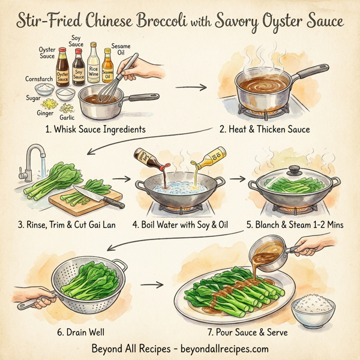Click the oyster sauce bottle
[x=63, y=72]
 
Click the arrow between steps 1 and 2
[x=190, y=86]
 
